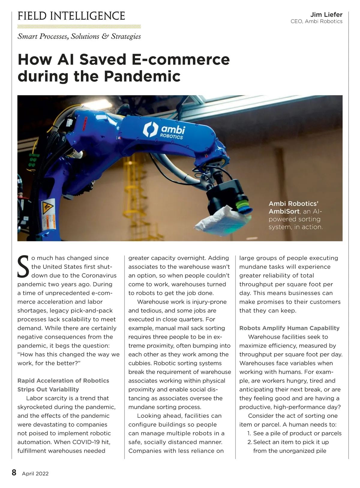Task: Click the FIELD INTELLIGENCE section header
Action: [71, 16]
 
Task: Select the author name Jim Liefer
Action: [326, 14]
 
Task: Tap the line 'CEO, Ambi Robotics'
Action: [316, 21]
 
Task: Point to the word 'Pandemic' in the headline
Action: [142, 76]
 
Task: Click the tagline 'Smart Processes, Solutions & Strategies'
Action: [79, 36]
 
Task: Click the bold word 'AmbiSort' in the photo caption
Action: [284, 211]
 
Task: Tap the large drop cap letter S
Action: [23, 267]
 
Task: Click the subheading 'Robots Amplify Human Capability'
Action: [289, 328]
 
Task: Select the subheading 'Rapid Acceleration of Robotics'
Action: [63, 381]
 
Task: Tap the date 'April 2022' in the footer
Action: [35, 474]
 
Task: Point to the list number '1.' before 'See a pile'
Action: [249, 433]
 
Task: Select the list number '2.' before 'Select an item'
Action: [249, 442]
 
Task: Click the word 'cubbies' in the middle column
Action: [140, 363]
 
